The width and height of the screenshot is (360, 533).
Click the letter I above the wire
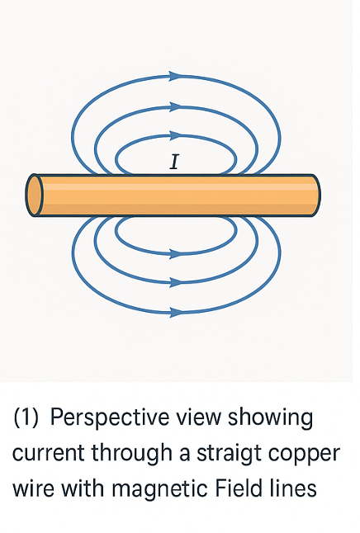(x=174, y=162)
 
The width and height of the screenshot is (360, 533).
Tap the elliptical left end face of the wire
(x=35, y=195)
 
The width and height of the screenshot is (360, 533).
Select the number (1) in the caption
(x=26, y=417)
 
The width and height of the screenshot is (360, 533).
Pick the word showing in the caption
(x=271, y=418)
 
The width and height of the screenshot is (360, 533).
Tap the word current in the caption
(x=49, y=454)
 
